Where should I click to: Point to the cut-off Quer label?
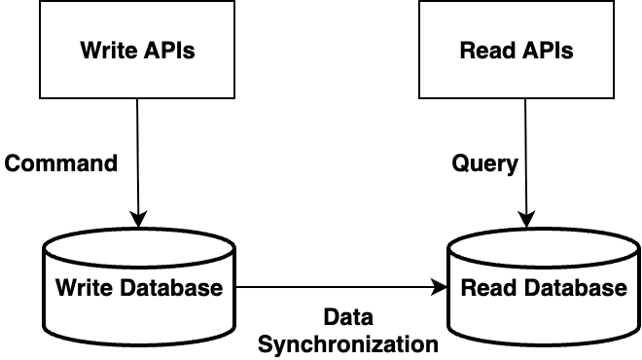pyautogui.click(x=478, y=162)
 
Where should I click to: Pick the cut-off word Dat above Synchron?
pyautogui.click(x=341, y=317)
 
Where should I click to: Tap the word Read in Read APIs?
pyautogui.click(x=483, y=51)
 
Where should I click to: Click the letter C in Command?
pyautogui.click(x=13, y=162)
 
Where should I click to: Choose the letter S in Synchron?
pyautogui.click(x=266, y=344)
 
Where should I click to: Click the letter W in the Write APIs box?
pyautogui.click(x=89, y=51)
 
